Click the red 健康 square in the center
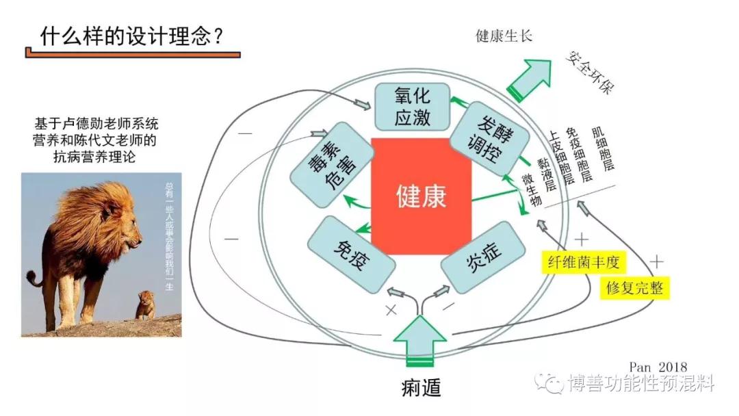[x=421, y=196]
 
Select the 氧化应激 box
[x=412, y=106]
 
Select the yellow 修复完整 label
[x=634, y=287]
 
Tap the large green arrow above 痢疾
[x=420, y=339]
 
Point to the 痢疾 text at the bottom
[x=420, y=387]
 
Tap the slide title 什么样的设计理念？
[x=131, y=37]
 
